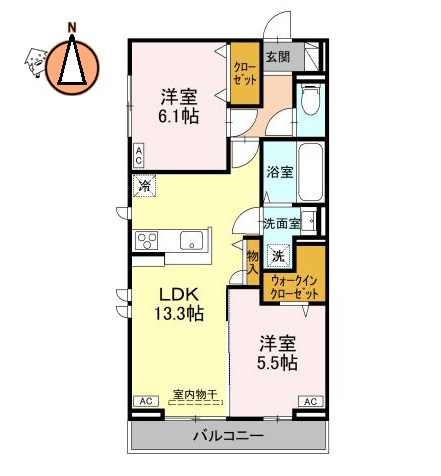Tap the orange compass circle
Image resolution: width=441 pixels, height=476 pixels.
click(x=73, y=61)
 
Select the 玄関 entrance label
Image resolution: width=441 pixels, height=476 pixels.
click(x=278, y=57)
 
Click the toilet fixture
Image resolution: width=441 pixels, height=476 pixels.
click(x=310, y=100)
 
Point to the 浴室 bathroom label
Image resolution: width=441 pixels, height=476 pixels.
click(x=280, y=172)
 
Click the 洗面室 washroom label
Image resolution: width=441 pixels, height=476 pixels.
click(x=281, y=223)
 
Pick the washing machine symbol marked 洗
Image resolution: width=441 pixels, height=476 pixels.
click(x=280, y=254)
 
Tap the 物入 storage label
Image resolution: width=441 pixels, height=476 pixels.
click(x=253, y=262)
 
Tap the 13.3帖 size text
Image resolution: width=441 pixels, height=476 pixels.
click(x=178, y=314)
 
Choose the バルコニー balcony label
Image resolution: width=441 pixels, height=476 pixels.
click(x=228, y=438)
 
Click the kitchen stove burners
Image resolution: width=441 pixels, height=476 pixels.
click(x=148, y=240)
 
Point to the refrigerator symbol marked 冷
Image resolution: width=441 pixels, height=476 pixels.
click(x=144, y=185)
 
